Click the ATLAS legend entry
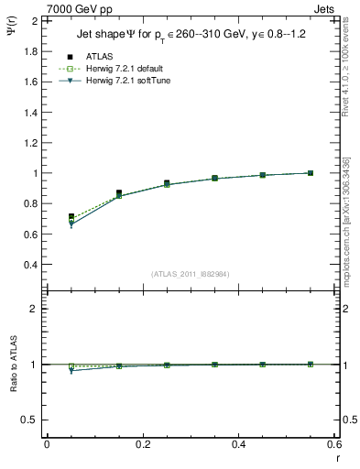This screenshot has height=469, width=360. (98, 56)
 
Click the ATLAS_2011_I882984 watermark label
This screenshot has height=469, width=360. (190, 274)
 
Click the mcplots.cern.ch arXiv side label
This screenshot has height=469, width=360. (347, 220)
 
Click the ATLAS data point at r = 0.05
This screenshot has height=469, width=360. (71, 217)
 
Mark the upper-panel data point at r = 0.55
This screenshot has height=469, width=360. (311, 173)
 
